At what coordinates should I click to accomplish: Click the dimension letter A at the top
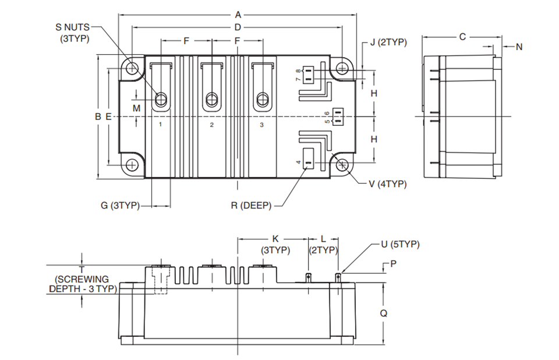[x=238, y=15]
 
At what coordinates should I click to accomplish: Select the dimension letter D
[x=238, y=27]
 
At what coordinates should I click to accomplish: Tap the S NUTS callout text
[x=72, y=27]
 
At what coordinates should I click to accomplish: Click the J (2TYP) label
[x=388, y=42]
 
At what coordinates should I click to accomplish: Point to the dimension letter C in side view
[x=462, y=37]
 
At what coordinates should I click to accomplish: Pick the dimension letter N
[x=519, y=47]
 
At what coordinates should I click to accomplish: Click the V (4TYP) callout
[x=388, y=184]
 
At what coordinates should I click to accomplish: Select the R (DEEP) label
[x=252, y=206]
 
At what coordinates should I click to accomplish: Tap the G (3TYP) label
[x=120, y=206]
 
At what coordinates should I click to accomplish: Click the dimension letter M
[x=136, y=108]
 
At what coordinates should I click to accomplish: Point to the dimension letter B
[x=98, y=117]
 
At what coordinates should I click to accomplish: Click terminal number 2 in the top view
[x=212, y=125]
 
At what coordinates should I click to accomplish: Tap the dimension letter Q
[x=384, y=313]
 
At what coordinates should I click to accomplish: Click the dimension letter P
[x=393, y=264]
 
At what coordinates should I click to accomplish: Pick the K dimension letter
[x=275, y=239]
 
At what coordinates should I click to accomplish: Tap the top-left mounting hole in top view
[x=132, y=68]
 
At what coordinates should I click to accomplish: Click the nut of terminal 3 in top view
[x=263, y=99]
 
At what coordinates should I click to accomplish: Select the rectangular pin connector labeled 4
[x=309, y=158]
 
